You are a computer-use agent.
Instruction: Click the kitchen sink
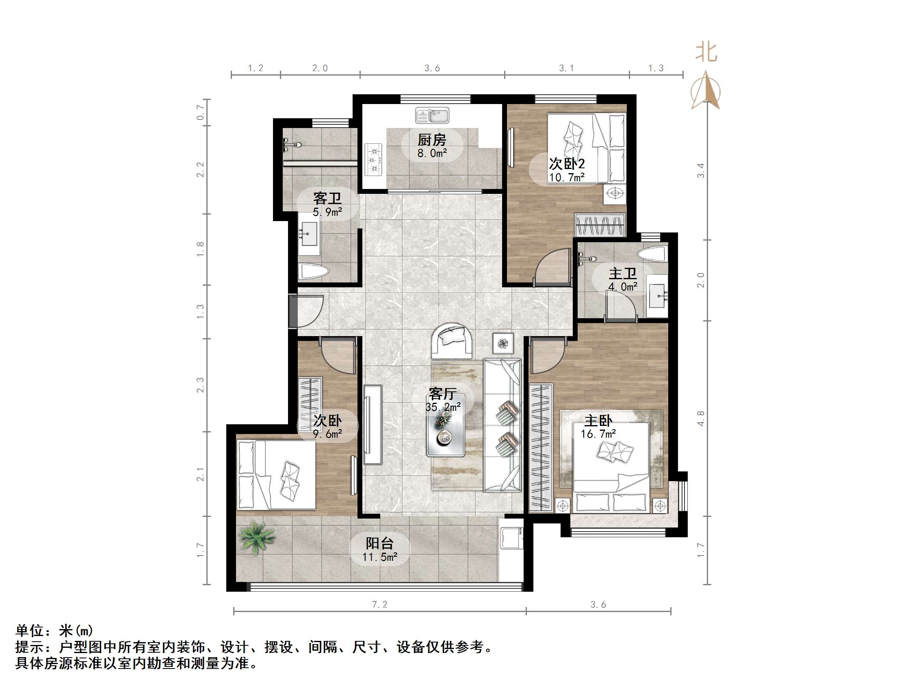click(x=432, y=115)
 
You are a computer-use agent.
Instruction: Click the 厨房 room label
click(x=432, y=140)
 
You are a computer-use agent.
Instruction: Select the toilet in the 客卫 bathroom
click(x=314, y=271)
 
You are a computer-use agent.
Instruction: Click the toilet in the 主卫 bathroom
click(x=652, y=253)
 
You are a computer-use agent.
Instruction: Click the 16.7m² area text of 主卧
click(x=598, y=434)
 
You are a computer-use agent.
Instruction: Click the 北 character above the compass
click(x=706, y=53)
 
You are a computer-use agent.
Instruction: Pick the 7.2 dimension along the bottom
click(x=379, y=605)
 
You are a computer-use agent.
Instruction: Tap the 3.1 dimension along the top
click(x=566, y=68)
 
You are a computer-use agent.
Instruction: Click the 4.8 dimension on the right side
click(x=700, y=418)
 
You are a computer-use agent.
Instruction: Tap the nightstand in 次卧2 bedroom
click(x=615, y=193)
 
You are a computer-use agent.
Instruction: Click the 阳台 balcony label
click(x=379, y=543)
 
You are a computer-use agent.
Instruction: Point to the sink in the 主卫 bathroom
click(x=657, y=295)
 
